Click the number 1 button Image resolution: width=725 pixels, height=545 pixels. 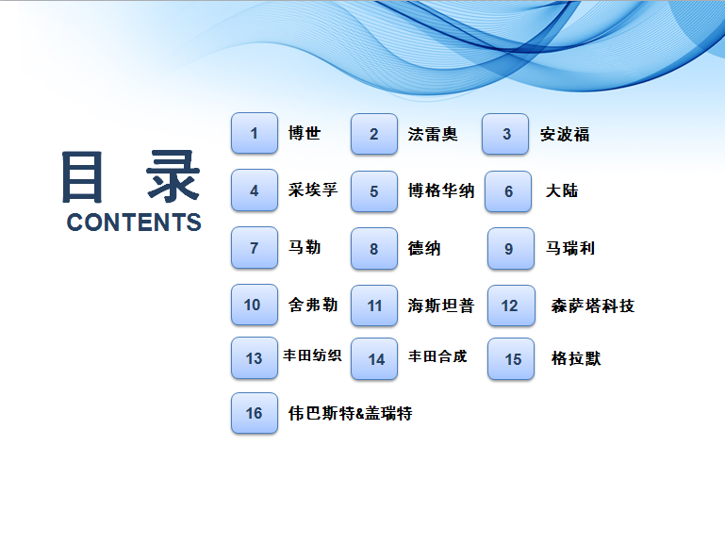[255, 133]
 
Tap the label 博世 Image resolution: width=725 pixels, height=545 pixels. [305, 133]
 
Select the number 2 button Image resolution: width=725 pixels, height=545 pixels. [374, 134]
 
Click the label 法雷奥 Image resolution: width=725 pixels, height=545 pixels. [433, 135]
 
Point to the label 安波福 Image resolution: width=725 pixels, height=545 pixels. [565, 135]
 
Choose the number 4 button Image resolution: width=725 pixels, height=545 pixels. [255, 190]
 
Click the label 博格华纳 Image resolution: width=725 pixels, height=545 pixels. [441, 190]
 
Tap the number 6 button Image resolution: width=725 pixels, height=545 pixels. [508, 191]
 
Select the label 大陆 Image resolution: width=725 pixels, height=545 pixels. [562, 190]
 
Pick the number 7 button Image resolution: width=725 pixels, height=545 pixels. [255, 247]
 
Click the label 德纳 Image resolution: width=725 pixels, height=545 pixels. [424, 249]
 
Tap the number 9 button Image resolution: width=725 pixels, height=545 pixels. [511, 249]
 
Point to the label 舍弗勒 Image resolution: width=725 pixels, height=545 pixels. [313, 305]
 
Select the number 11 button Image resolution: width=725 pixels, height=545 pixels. [374, 306]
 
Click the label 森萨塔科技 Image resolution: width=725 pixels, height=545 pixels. [593, 306]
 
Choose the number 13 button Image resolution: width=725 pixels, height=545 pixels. [255, 357]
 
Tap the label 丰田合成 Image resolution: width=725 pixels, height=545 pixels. [437, 356]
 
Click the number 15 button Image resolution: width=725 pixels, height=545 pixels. [511, 358]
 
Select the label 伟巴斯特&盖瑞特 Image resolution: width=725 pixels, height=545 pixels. [350, 413]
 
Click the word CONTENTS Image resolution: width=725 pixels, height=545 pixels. [134, 223]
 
